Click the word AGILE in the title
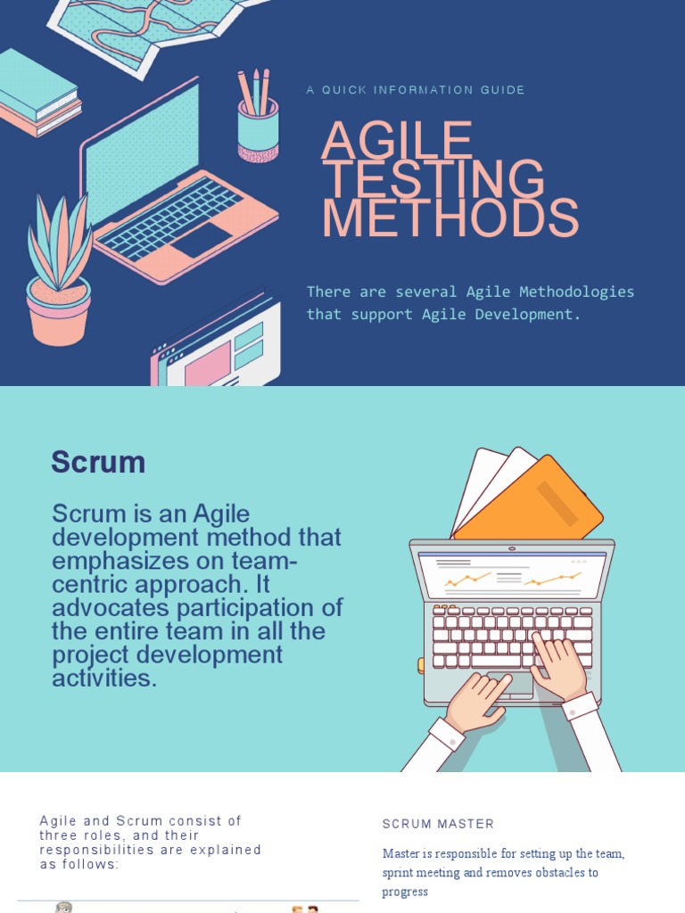(397, 140)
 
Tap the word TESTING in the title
(433, 179)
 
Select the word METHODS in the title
(450, 218)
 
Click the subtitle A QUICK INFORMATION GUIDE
(416, 90)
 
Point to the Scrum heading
(98, 462)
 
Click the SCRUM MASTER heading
(438, 824)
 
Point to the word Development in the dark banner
(527, 315)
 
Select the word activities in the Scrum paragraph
(103, 679)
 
